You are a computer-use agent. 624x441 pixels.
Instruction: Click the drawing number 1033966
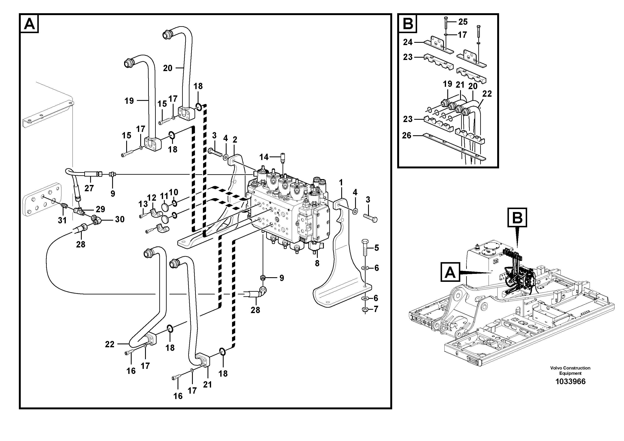coord(570,381)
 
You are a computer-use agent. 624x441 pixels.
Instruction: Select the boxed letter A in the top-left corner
coord(29,24)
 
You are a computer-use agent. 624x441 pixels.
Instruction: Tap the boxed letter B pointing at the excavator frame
coord(517,217)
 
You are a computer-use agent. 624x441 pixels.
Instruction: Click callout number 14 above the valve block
coord(264,157)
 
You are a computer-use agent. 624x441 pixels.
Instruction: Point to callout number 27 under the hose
coord(89,188)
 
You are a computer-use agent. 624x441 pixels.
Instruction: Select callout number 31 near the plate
coord(62,220)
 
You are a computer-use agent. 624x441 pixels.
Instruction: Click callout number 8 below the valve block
coord(317,263)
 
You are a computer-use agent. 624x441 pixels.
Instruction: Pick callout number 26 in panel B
coord(407,135)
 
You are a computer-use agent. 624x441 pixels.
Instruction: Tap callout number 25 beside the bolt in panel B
coord(463,22)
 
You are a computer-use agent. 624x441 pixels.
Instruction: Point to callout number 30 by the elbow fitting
coord(120,219)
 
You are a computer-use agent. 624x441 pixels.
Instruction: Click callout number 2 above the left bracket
coord(235,140)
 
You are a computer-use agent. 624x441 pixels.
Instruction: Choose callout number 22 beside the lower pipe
coord(110,344)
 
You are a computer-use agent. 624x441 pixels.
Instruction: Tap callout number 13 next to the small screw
coord(143,204)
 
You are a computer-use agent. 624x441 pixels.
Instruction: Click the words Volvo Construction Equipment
coord(570,370)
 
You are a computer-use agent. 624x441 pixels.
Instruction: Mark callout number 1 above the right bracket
coord(341,182)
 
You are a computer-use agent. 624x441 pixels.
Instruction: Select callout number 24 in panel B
coord(408,42)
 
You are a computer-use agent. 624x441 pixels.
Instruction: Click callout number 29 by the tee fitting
coord(100,209)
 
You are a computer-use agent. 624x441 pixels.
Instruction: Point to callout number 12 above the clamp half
coord(152,198)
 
